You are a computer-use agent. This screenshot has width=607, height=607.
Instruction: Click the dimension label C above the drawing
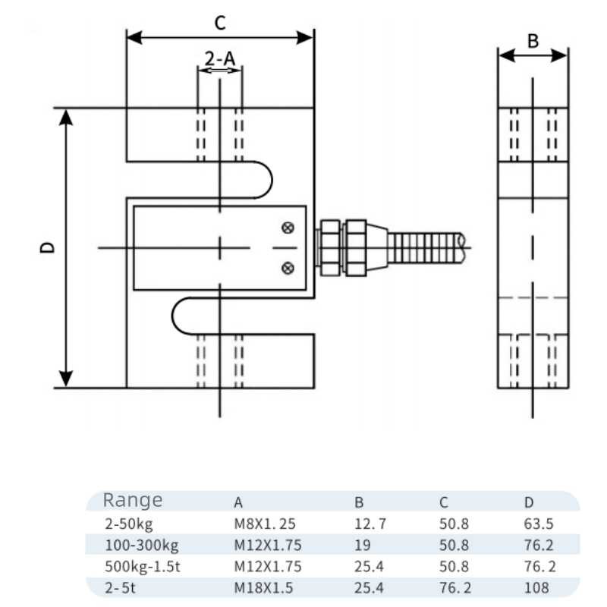click(x=219, y=23)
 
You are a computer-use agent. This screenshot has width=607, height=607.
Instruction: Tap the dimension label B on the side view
click(x=533, y=41)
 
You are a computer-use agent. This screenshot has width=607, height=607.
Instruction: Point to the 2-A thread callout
click(x=220, y=57)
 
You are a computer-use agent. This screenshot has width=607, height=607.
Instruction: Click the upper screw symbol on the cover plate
click(x=288, y=228)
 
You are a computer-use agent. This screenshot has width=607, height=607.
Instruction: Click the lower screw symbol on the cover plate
click(x=288, y=266)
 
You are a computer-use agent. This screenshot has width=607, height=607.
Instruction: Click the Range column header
click(x=133, y=500)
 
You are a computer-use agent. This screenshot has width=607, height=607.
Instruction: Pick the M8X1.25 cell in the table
click(x=263, y=523)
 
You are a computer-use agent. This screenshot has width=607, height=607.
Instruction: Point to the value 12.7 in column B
click(x=371, y=523)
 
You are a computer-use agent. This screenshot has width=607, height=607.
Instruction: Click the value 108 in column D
click(x=536, y=587)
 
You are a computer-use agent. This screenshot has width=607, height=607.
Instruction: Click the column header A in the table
click(x=238, y=502)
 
